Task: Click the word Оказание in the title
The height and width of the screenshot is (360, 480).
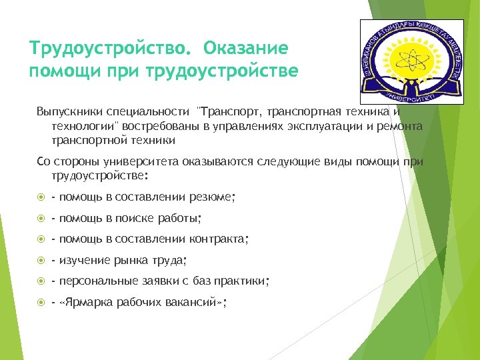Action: pyautogui.click(x=246, y=49)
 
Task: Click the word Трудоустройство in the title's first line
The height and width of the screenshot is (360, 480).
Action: pyautogui.click(x=110, y=49)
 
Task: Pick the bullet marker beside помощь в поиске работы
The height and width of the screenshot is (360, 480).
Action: pyautogui.click(x=41, y=218)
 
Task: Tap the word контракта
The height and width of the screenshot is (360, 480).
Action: pyautogui.click(x=217, y=239)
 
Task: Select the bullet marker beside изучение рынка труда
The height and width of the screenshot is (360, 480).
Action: pyautogui.click(x=41, y=260)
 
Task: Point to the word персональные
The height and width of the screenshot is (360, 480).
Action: pyautogui.click(x=97, y=281)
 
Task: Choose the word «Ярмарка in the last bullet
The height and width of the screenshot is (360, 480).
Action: pyautogui.click(x=83, y=303)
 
